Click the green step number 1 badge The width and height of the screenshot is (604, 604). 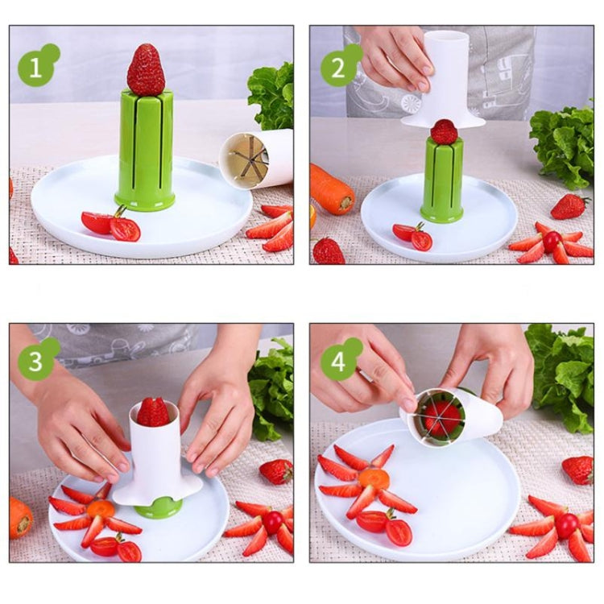pos(36,67)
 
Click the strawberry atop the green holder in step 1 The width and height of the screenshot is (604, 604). pos(146,71)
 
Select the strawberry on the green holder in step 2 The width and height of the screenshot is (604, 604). pos(444,131)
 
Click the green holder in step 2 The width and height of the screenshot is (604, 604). pos(442,182)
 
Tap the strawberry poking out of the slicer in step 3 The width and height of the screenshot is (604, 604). pos(153,412)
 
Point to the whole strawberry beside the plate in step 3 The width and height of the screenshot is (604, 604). pos(276,471)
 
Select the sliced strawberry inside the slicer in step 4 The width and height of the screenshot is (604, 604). pos(441,417)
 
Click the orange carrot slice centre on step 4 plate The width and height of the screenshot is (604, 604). pos(374,479)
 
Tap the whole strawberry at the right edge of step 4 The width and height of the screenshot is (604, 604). pos(577,469)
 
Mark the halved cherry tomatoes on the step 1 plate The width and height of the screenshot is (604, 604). pos(112,225)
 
